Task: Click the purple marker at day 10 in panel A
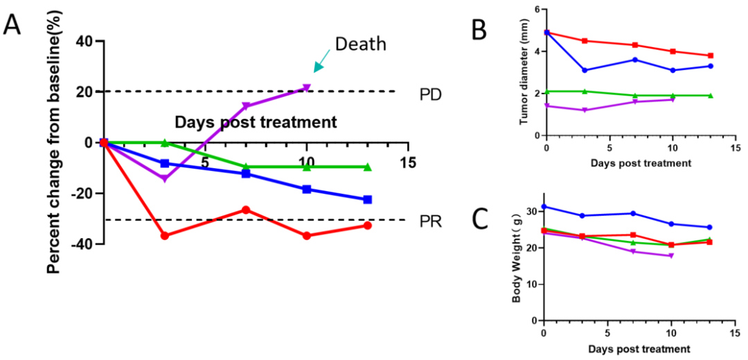(306, 88)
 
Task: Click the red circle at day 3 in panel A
(164, 236)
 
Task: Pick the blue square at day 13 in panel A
(367, 199)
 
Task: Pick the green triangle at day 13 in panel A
(367, 167)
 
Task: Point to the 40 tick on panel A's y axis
(84, 41)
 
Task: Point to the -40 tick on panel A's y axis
(81, 244)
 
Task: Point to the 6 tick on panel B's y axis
(537, 10)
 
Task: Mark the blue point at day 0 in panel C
(544, 207)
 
